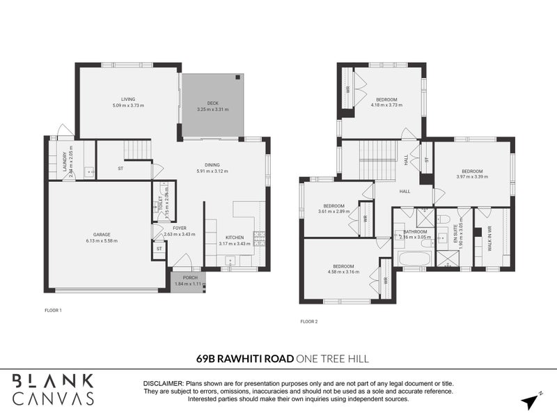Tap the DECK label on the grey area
pos(212,103)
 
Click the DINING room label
pos(212,164)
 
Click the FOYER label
pos(180,228)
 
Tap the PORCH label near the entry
pos(187,277)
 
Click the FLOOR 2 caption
pos(308,321)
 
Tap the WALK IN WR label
pos(489,238)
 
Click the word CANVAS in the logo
pos(53,398)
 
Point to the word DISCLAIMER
pos(162,384)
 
